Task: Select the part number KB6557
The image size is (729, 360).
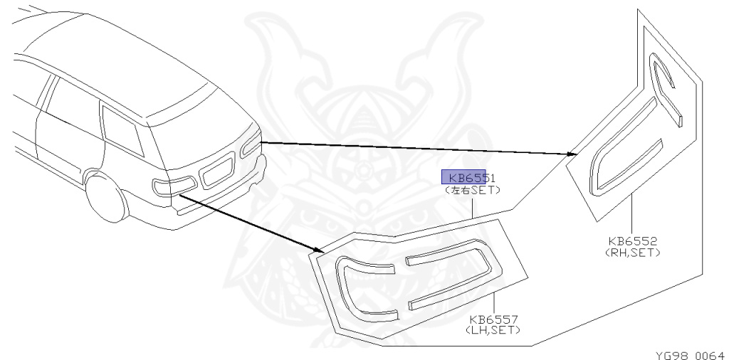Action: (493, 319)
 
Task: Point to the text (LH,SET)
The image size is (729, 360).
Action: (493, 330)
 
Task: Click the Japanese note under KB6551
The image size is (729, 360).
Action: (472, 190)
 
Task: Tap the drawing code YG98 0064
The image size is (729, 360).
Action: (690, 354)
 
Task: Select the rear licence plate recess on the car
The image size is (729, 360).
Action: (217, 171)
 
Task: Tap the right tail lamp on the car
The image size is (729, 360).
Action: (251, 144)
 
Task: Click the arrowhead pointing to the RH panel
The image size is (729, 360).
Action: (572, 153)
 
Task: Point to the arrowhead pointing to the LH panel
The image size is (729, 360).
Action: (318, 250)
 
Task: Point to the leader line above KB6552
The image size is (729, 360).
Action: (632, 214)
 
